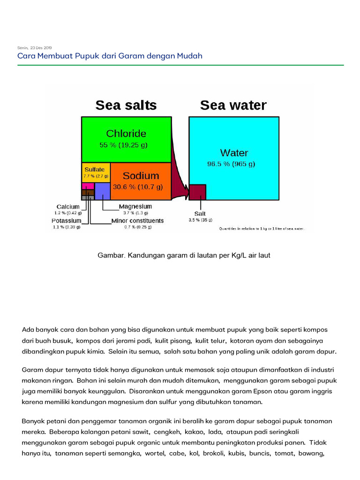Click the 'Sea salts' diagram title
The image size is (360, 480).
[x=126, y=105]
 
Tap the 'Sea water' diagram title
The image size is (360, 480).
[x=233, y=105]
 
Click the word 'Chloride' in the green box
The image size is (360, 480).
[x=126, y=134]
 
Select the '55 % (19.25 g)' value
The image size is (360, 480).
[x=126, y=145]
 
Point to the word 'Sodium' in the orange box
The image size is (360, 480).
[x=141, y=176]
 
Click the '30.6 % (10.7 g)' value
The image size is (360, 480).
[x=138, y=187]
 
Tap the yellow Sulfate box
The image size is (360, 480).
[x=96, y=172]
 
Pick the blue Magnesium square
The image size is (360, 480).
[x=102, y=191]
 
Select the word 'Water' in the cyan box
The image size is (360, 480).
[x=234, y=153]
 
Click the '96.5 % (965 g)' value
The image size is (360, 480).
[x=232, y=164]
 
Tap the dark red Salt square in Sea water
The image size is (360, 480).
[x=197, y=192]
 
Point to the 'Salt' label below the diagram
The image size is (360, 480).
[x=200, y=214]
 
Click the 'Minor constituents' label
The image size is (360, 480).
[x=137, y=221]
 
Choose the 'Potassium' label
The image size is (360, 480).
[x=67, y=221]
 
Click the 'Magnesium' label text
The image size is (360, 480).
[x=135, y=207]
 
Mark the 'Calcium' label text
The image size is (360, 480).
[x=68, y=207]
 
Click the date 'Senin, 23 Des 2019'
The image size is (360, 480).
[x=35, y=48]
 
